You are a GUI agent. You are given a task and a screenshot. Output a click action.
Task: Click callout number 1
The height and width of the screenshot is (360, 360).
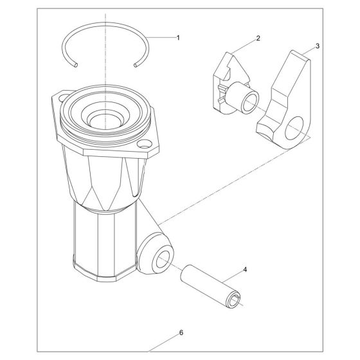(x=178, y=38)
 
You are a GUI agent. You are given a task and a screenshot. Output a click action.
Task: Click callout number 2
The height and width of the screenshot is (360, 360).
(x=258, y=38)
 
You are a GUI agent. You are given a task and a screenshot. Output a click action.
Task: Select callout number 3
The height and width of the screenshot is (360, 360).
(x=318, y=46)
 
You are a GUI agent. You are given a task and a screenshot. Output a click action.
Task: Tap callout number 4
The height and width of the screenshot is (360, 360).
(x=245, y=269)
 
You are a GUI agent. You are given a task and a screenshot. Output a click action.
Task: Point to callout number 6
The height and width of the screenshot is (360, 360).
(x=181, y=332)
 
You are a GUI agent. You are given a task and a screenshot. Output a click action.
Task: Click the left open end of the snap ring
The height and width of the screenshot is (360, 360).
(x=76, y=65)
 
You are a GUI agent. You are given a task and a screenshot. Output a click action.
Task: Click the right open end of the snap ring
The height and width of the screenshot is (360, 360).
(x=136, y=66)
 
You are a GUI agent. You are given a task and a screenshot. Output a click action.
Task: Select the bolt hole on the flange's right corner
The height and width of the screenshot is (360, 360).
(x=144, y=144)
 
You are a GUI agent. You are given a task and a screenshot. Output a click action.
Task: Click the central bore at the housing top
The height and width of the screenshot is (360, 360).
(x=105, y=121)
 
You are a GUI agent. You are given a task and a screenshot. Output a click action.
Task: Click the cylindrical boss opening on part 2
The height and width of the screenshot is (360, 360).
(x=251, y=103)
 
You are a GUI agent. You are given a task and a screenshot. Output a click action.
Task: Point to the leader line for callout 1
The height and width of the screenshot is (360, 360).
(x=161, y=37)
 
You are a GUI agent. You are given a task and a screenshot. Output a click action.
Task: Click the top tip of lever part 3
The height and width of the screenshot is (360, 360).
(x=293, y=51)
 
